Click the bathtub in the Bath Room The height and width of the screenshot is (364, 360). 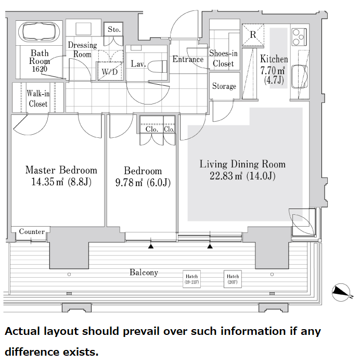[x=39, y=32]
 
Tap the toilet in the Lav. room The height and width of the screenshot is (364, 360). [x=157, y=67]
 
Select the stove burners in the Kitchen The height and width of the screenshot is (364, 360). [x=299, y=37]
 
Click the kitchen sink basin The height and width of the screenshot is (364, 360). [x=300, y=76]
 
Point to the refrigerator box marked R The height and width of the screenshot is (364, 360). [x=253, y=35]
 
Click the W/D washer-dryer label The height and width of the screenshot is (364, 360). [x=110, y=72]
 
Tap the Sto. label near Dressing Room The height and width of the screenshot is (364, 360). [x=114, y=30]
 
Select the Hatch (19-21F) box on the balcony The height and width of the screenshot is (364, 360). [x=191, y=279]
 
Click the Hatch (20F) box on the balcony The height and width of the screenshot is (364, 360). [x=233, y=279]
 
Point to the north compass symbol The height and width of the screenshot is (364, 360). [x=341, y=292]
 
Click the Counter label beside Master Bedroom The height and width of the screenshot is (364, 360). [x=32, y=231]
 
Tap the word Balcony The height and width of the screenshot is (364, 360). [x=144, y=272]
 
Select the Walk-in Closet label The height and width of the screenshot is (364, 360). [x=38, y=98]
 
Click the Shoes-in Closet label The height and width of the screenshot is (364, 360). [x=223, y=58]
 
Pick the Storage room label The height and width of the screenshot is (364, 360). [x=224, y=86]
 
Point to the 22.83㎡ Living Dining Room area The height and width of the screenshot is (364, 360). [x=226, y=176]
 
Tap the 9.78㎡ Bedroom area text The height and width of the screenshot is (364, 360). [x=129, y=183]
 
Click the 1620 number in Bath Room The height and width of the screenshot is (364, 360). [x=40, y=69]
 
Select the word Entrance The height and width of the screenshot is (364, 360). [x=188, y=59]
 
